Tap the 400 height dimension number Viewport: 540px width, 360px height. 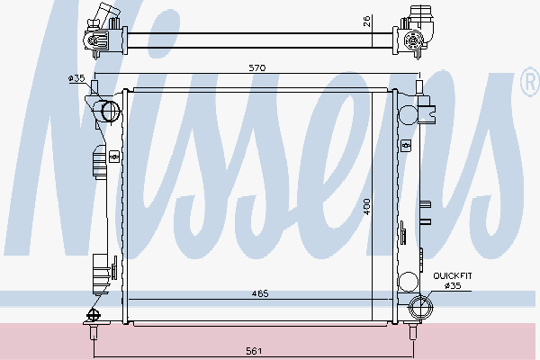(366, 207)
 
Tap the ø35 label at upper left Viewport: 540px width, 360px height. (76, 79)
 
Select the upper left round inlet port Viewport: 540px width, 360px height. (110, 112)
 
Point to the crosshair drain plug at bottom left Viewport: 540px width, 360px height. (92, 315)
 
